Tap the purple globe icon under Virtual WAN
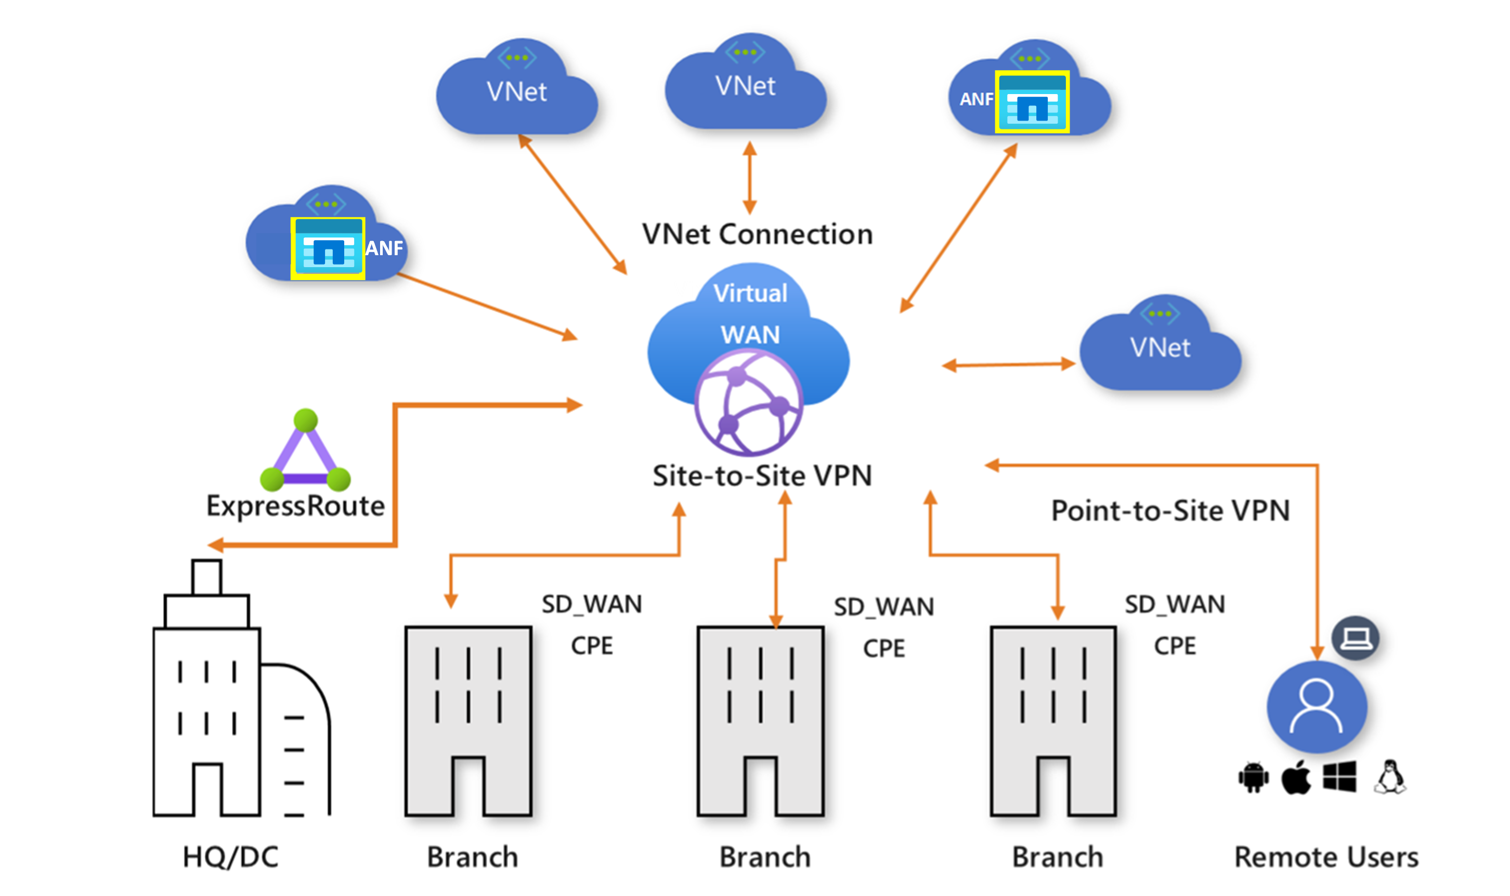748,403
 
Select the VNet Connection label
757,234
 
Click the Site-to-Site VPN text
762,476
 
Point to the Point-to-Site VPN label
1170,511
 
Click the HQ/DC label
230,858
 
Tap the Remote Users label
1326,858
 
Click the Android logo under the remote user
1253,778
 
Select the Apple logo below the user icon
1296,777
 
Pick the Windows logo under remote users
1339,776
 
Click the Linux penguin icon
1390,776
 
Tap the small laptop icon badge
1356,638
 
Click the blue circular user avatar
1316,706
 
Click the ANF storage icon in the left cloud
328,248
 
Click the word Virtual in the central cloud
750,294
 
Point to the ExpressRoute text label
295,506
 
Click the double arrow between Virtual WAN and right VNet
1008,365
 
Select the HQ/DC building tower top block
206,578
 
